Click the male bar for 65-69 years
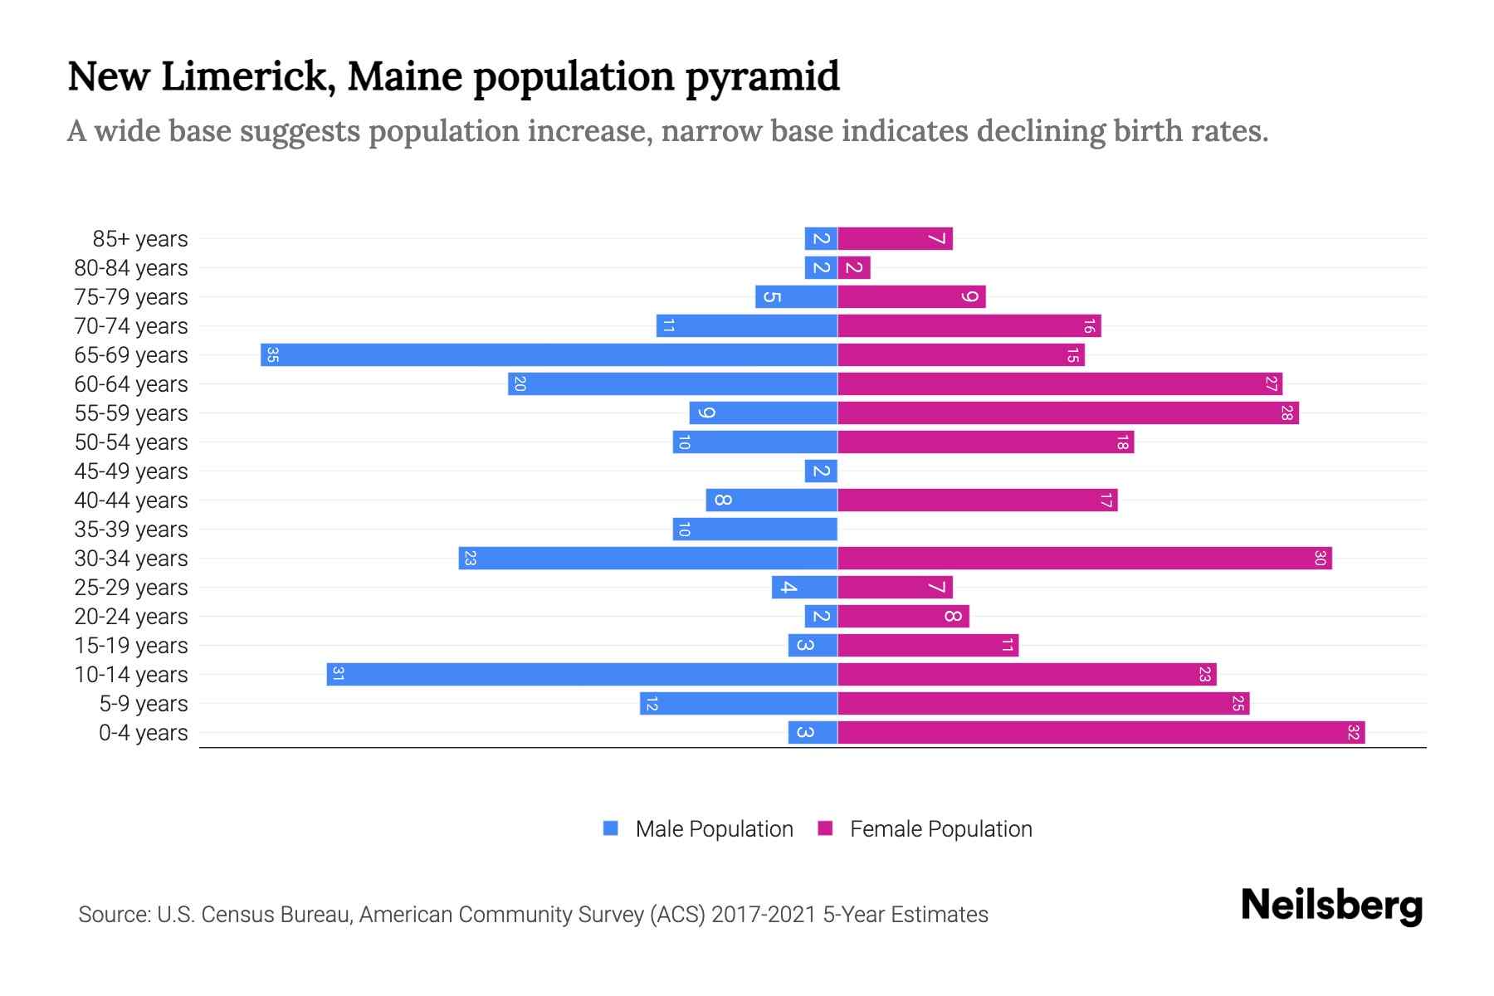pyautogui.click(x=548, y=355)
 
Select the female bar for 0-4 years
pyautogui.click(x=1101, y=733)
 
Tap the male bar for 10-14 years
pyautogui.click(x=581, y=675)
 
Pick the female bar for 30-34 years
pyautogui.click(x=1084, y=559)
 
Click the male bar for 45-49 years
pyautogui.click(x=821, y=471)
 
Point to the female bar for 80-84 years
pyautogui.click(x=854, y=268)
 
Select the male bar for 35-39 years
pyautogui.click(x=754, y=530)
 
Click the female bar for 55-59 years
pyautogui.click(x=1067, y=413)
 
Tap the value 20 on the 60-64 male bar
pyautogui.click(x=520, y=384)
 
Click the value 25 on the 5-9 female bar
pyautogui.click(x=1238, y=704)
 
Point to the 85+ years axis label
pyautogui.click(x=139, y=239)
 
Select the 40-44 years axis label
pyautogui.click(x=130, y=500)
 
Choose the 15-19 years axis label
pyautogui.click(x=130, y=646)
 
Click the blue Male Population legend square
pyautogui.click(x=611, y=828)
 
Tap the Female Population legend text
pyautogui.click(x=940, y=829)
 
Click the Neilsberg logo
pyautogui.click(x=1331, y=906)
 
